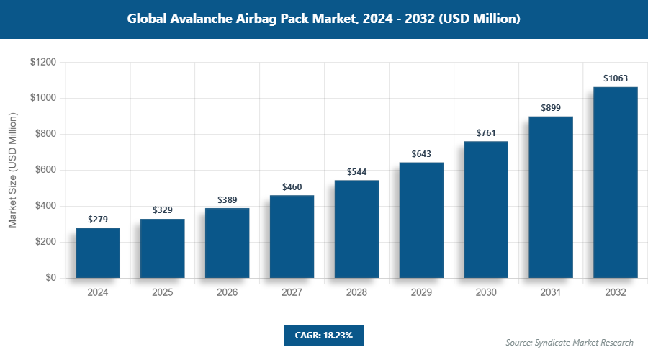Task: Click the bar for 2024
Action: click(x=98, y=253)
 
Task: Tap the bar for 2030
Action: click(x=486, y=210)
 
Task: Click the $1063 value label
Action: click(x=616, y=78)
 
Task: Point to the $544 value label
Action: click(x=356, y=172)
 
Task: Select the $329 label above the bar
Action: click(x=163, y=210)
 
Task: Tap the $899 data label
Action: click(x=551, y=108)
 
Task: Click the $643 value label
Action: click(x=421, y=154)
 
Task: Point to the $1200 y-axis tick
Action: click(x=43, y=63)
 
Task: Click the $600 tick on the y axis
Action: click(x=45, y=170)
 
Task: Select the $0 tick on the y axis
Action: click(x=50, y=278)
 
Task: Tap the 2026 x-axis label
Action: click(x=228, y=293)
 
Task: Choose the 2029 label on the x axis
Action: click(x=421, y=293)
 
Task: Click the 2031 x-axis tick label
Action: click(x=551, y=293)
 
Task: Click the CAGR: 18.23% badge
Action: click(x=323, y=335)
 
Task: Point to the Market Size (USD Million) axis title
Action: click(x=12, y=170)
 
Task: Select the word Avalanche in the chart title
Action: click(x=202, y=19)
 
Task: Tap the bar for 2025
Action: click(x=163, y=248)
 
